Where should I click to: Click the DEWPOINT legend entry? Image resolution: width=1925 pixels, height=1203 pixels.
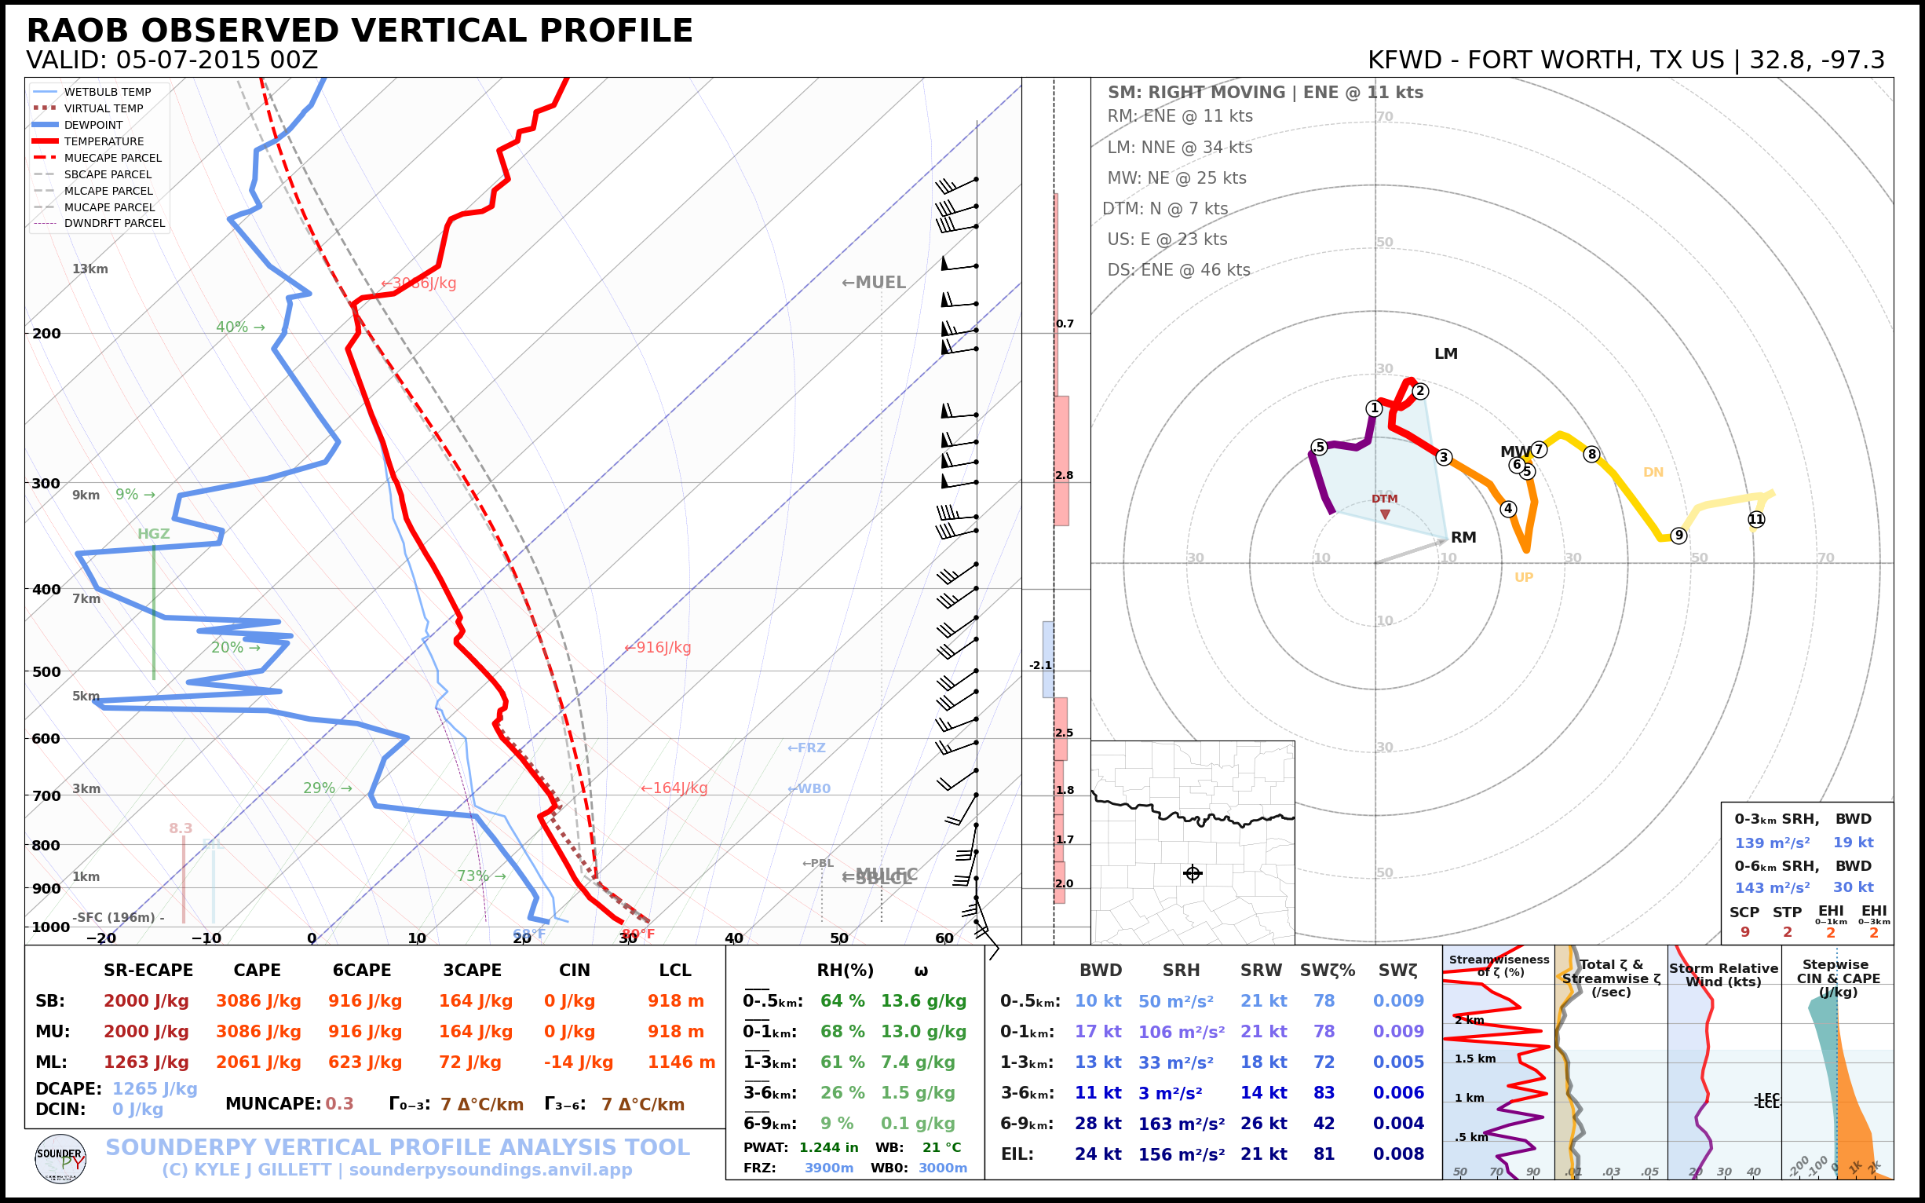[93, 125]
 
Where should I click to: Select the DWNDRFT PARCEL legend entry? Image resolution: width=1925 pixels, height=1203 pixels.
[114, 224]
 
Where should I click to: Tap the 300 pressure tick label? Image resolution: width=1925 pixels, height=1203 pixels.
[46, 484]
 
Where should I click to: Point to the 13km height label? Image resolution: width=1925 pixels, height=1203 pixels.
[89, 269]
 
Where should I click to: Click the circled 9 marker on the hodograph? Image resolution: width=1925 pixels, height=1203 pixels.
[1678, 536]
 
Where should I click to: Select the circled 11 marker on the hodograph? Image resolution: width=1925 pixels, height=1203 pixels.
[1756, 520]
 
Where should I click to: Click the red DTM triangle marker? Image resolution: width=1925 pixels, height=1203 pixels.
[1385, 515]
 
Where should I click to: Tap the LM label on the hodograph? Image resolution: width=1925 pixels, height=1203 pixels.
[1445, 354]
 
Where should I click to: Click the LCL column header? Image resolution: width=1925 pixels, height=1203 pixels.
[674, 970]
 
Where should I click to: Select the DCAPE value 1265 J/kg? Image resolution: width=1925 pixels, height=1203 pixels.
[155, 1088]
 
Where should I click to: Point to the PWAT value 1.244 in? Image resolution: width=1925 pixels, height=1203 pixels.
[828, 1147]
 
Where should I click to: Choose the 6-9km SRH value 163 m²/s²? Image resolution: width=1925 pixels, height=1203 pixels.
[1181, 1124]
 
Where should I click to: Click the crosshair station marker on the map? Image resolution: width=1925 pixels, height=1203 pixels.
[1193, 874]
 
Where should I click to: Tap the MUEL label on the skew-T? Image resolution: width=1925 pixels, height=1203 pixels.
[874, 283]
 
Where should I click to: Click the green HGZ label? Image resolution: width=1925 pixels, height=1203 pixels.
[154, 534]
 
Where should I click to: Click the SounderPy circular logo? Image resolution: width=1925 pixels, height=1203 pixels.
[60, 1159]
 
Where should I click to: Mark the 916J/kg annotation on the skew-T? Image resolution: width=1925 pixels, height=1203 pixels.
[658, 648]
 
